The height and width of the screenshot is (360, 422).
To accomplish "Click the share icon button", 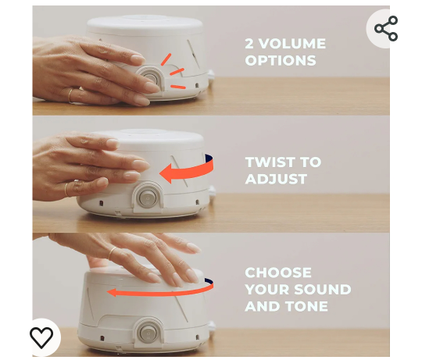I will tap(385, 29).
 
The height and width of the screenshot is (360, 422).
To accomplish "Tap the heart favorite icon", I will tap(41, 337).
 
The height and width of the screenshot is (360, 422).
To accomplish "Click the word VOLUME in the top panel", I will tap(293, 44).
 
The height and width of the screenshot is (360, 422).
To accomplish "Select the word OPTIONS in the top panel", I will tap(280, 61).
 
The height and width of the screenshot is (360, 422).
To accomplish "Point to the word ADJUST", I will tap(275, 179).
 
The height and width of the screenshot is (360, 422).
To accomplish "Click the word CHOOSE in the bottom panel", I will tap(277, 273).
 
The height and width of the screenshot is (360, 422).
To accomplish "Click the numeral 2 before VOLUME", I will tap(249, 44).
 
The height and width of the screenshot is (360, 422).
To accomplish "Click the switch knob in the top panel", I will tap(149, 79).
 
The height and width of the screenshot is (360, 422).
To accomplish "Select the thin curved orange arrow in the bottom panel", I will tap(159, 291).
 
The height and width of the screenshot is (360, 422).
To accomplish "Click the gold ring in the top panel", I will tap(70, 95).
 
